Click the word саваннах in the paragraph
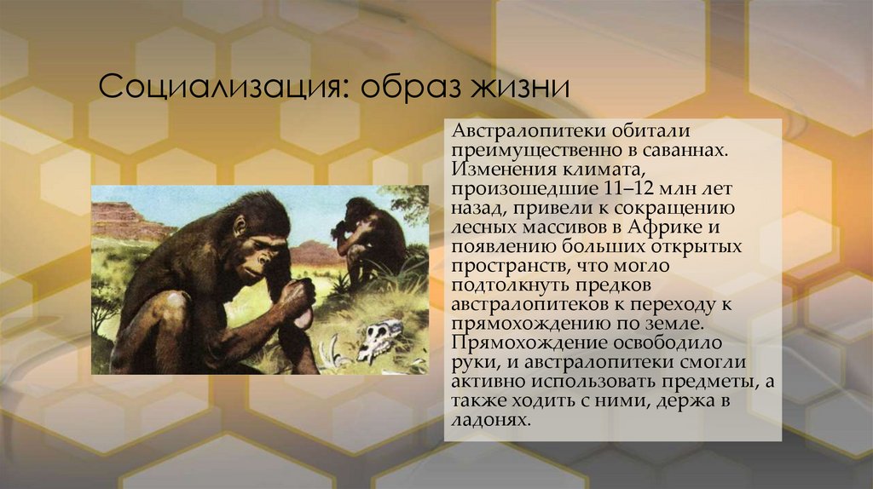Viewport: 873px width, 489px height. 685,151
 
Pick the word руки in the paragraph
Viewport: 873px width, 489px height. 469,363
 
